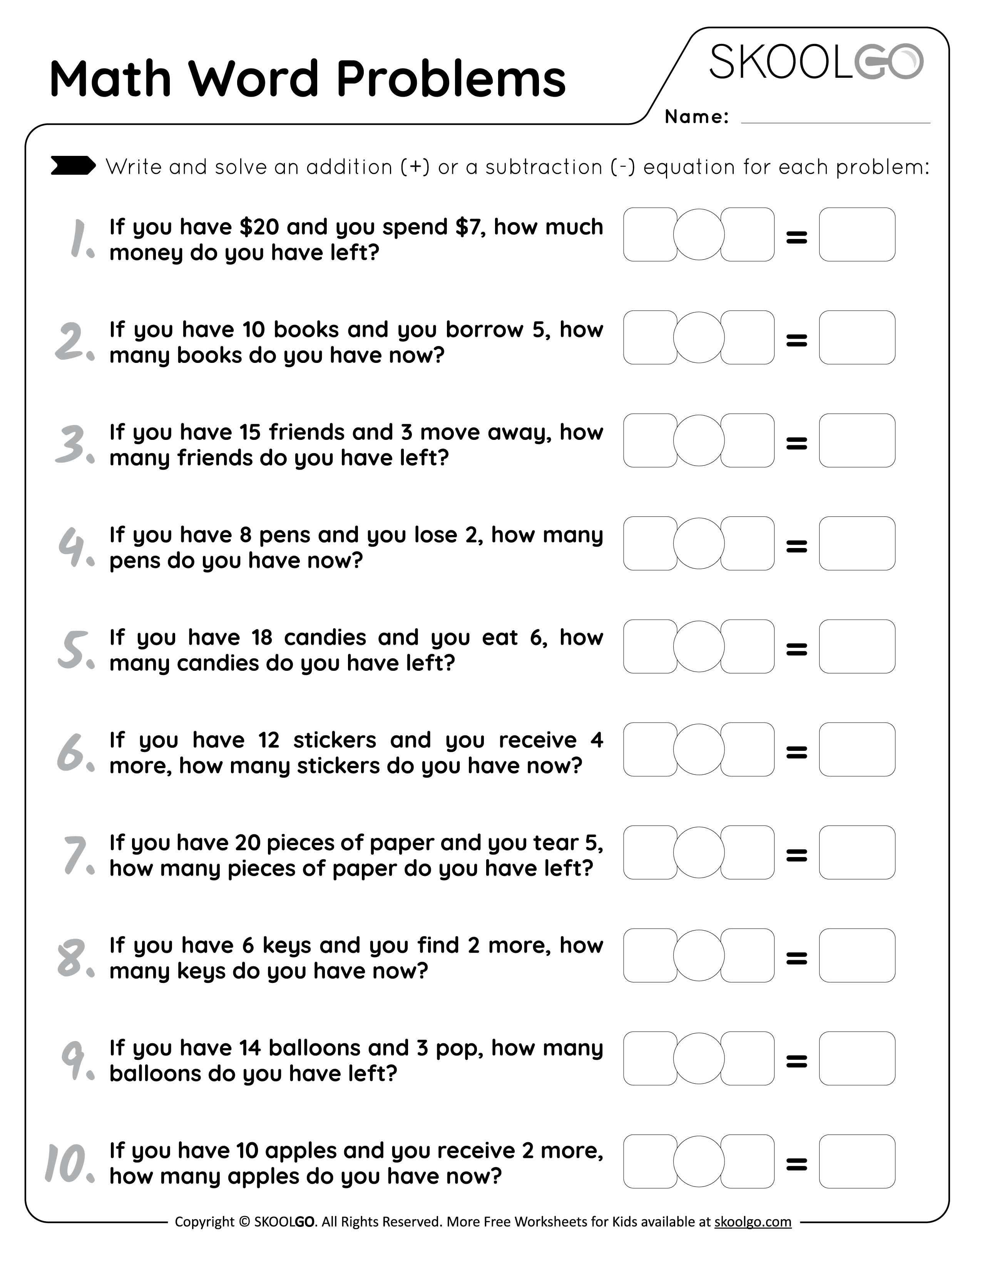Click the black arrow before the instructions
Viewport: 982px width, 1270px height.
73,166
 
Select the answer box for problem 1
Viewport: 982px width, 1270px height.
857,234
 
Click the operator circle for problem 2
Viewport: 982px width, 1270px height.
698,337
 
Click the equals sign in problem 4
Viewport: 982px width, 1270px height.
796,545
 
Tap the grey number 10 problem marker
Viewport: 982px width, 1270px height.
69,1163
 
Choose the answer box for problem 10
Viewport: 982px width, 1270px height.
857,1161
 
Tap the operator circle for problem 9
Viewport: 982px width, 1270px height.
698,1058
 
